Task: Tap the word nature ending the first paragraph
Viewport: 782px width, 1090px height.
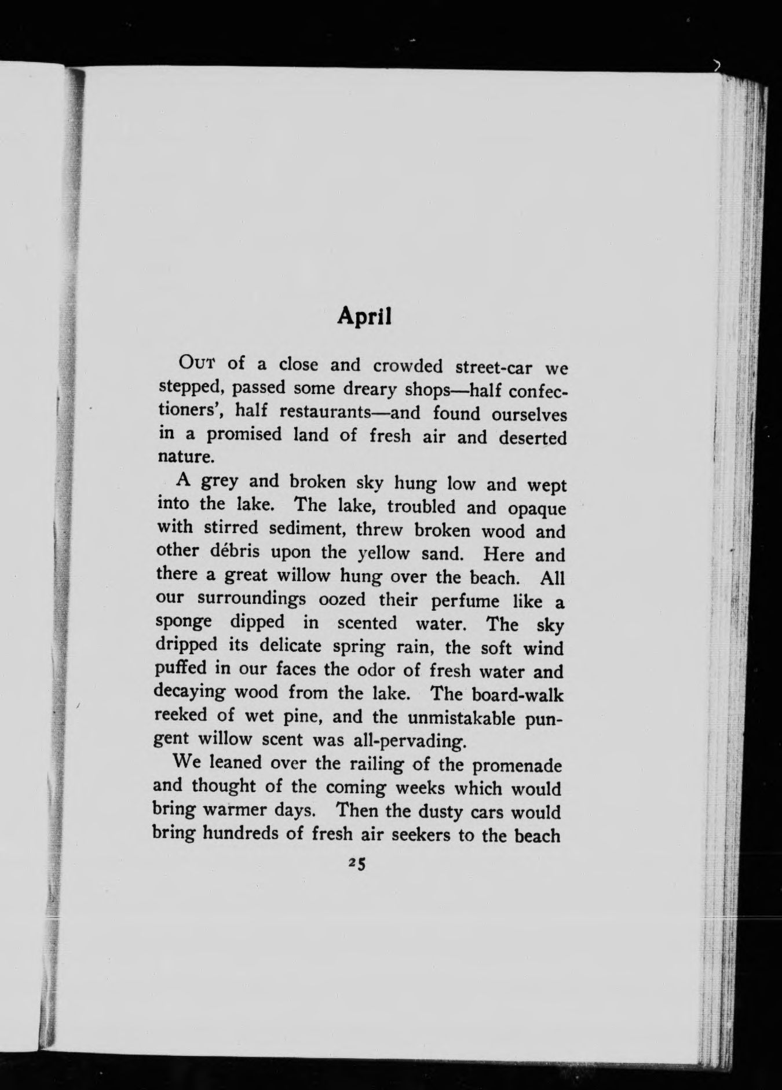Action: coord(181,457)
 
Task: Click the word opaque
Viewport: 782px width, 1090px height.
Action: coord(536,509)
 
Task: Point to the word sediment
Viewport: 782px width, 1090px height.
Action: coord(301,528)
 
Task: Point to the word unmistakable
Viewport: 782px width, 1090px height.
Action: coord(454,718)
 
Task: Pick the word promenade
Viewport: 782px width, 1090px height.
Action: coord(517,766)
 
